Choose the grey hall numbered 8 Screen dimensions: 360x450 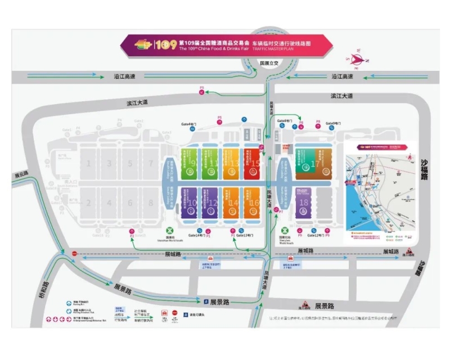point(151,204)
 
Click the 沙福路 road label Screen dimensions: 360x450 point(425,169)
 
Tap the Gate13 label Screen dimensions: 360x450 point(246,235)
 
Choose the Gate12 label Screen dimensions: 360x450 point(313,235)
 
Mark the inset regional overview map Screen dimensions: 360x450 point(380,191)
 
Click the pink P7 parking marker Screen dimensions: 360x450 point(274,211)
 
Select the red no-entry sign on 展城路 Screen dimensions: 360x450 point(74,253)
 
